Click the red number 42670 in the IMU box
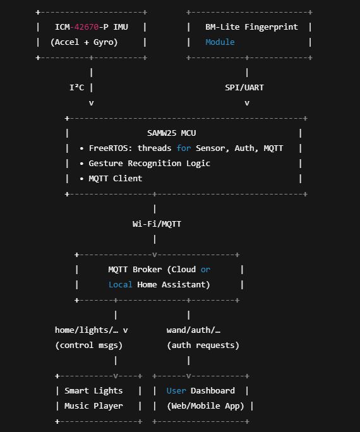coord(87,27)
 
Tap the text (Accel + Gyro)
coord(84,42)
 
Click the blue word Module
coord(220,42)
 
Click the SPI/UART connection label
coord(244,87)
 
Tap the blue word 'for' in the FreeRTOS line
coord(183,148)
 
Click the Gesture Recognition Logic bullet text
coord(149,163)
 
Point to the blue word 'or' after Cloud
coord(205,269)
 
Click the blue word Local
coord(120,284)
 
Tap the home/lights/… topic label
coord(87,330)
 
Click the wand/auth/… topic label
coord(193,330)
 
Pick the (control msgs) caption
coord(89,345)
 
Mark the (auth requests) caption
coord(203,345)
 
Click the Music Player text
coord(93,405)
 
